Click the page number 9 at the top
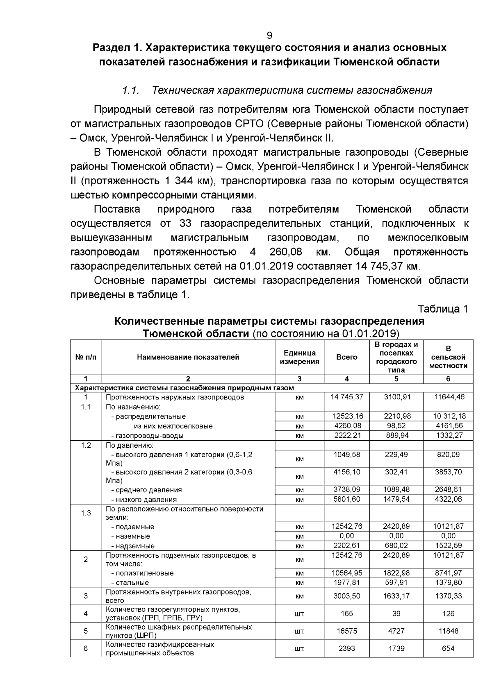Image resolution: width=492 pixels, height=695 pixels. [x=269, y=35]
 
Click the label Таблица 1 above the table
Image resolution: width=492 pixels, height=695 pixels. [x=442, y=309]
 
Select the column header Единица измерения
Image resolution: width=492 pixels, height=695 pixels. [x=299, y=357]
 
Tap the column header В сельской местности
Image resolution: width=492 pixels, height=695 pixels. [x=448, y=357]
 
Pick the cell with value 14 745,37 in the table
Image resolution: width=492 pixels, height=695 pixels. [x=346, y=397]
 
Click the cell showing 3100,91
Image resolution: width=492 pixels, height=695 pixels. [x=396, y=397]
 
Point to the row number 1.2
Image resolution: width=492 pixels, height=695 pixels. [x=86, y=445]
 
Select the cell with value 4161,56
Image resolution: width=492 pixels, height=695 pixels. [x=448, y=426]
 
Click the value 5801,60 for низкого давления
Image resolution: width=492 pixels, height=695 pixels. [x=346, y=499]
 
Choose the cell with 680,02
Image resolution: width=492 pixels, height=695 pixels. [x=396, y=546]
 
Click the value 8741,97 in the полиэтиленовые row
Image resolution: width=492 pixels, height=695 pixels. [x=448, y=573]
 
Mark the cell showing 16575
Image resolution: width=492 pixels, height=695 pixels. [x=346, y=631]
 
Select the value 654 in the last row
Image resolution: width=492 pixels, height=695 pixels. [x=448, y=648]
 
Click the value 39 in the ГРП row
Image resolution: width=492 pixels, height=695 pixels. [x=396, y=614]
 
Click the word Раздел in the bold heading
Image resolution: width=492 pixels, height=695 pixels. [x=108, y=48]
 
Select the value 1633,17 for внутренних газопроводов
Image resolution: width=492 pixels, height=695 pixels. [x=396, y=596]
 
